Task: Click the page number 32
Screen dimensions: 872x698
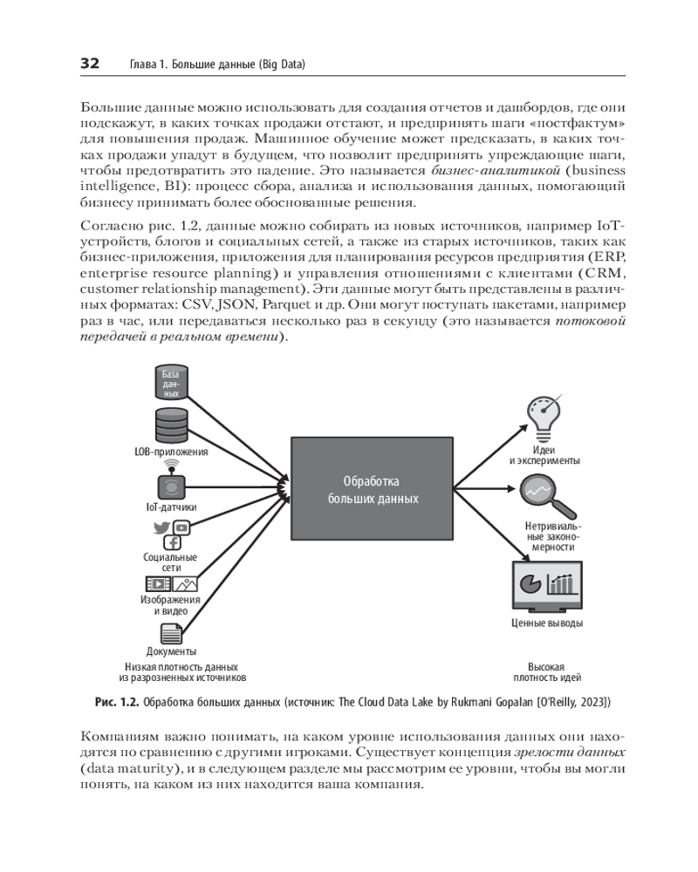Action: click(90, 64)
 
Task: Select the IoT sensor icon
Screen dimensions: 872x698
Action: click(171, 485)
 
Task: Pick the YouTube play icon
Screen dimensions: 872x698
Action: click(181, 527)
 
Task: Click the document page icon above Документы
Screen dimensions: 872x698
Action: click(170, 633)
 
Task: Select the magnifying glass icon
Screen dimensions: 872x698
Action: click(544, 496)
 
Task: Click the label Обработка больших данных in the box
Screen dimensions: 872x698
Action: click(373, 490)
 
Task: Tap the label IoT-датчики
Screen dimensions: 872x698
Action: click(171, 507)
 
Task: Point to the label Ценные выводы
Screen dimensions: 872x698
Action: click(547, 623)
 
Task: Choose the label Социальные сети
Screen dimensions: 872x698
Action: click(171, 562)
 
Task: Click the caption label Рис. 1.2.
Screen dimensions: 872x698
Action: click(117, 701)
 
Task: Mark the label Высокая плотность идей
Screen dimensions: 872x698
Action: click(547, 671)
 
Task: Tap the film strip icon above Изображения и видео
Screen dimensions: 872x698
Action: click(159, 584)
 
